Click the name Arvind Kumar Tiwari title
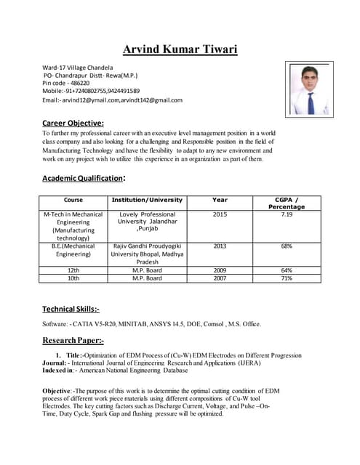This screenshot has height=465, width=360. click(x=180, y=49)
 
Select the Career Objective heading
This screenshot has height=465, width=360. click(x=73, y=123)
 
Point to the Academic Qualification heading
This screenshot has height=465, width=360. click(x=84, y=178)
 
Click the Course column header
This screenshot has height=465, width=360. click(x=73, y=200)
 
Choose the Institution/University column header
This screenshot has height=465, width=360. click(x=147, y=200)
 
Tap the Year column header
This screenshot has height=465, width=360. click(x=220, y=200)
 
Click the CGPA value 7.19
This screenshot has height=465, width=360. click(x=287, y=215)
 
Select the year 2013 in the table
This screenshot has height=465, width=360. click(x=220, y=246)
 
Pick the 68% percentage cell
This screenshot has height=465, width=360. click(x=287, y=246)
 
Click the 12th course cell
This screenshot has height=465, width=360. click(x=73, y=270)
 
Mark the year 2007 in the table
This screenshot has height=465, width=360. click(x=220, y=278)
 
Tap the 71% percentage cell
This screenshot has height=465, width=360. click(x=287, y=278)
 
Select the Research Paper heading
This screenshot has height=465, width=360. click(x=73, y=340)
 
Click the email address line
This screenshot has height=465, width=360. click(x=113, y=100)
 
